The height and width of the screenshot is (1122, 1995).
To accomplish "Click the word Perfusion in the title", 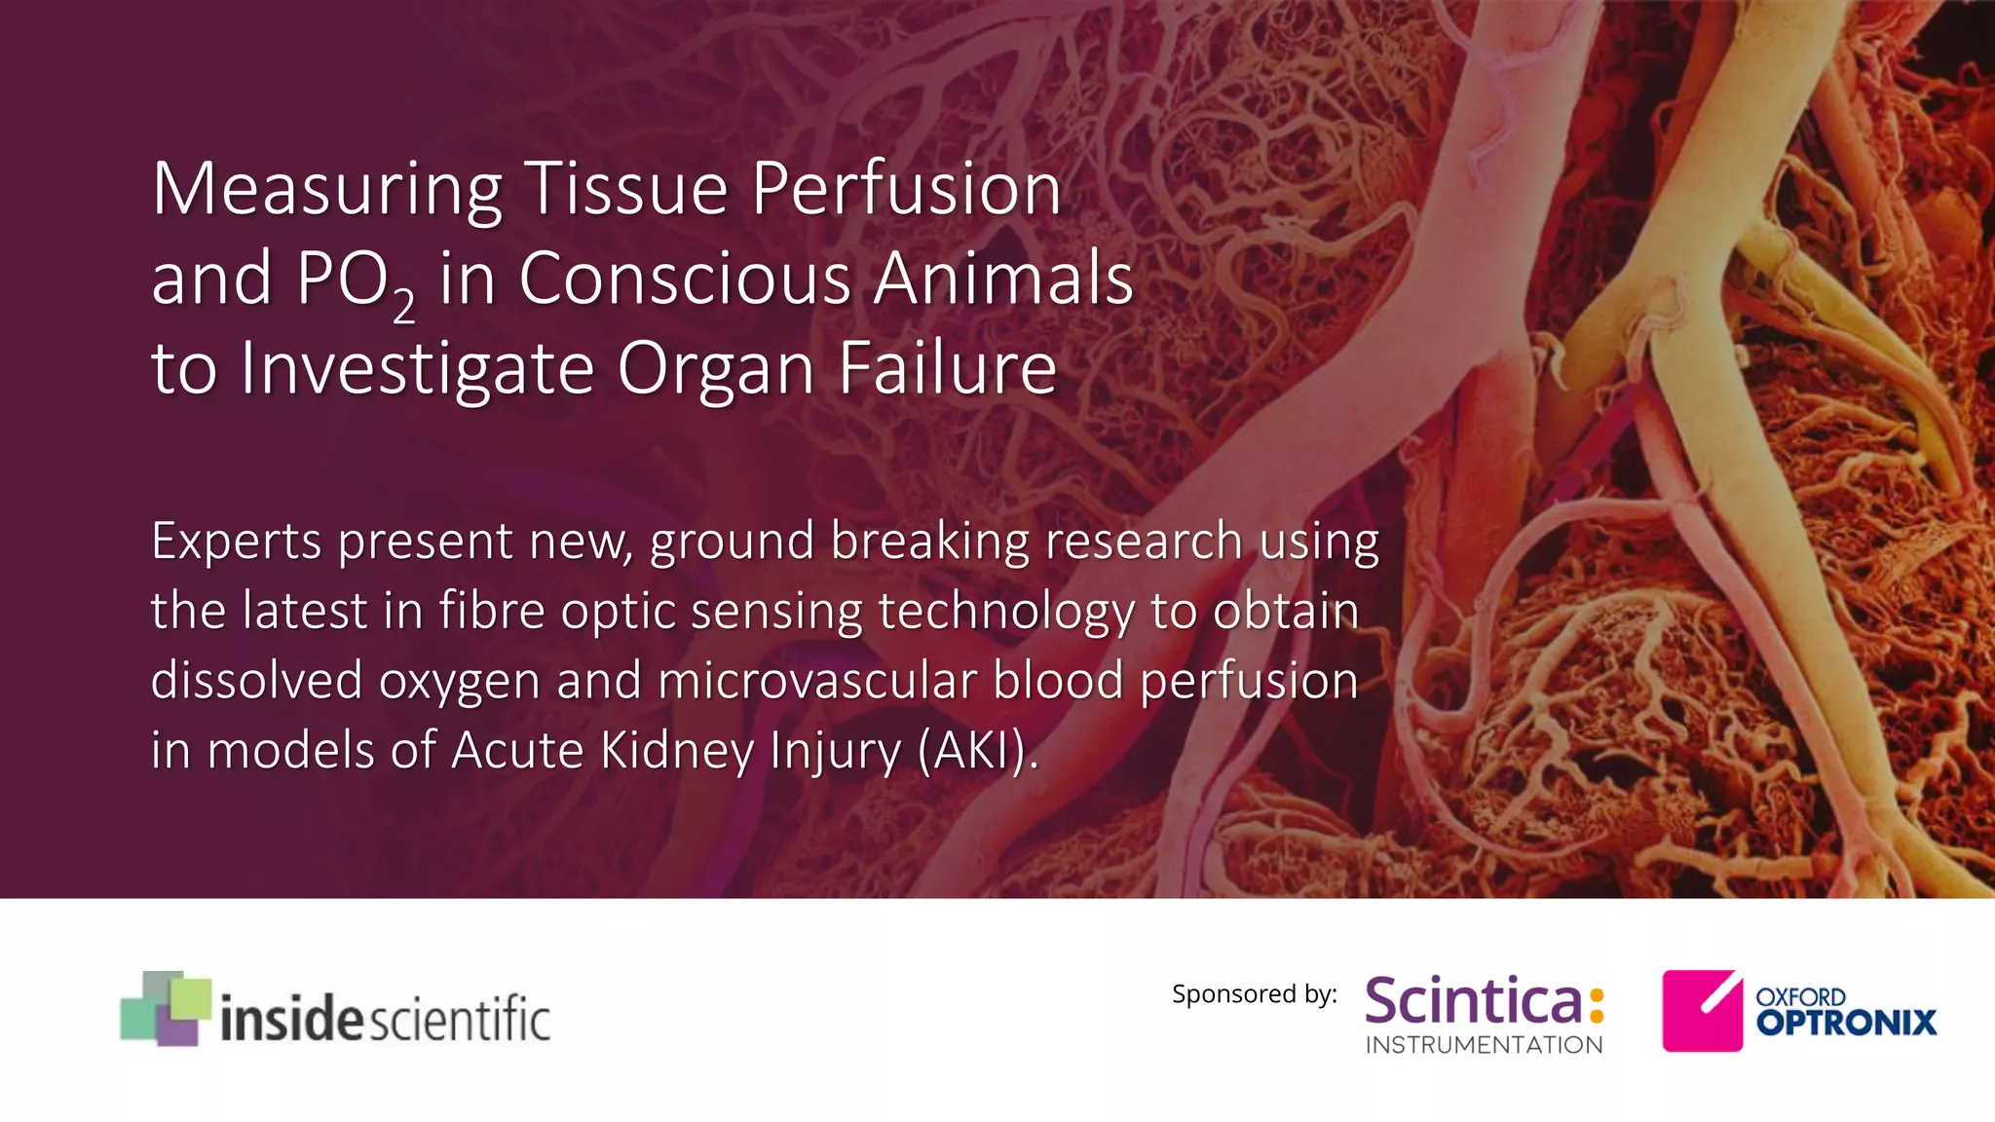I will coord(906,190).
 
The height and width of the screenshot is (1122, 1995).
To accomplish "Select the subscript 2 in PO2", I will coord(404,306).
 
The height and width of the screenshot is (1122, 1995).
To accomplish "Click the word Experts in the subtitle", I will coord(236,542).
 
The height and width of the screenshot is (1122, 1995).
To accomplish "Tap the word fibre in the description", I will coord(490,612).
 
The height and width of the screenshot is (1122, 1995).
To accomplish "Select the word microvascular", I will coord(817,681).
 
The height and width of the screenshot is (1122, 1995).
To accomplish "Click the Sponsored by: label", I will coord(1254,994).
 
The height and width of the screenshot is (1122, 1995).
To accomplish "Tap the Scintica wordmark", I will coord(1473,1001).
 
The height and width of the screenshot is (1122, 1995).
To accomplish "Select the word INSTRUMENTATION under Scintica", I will coord(1484,1045).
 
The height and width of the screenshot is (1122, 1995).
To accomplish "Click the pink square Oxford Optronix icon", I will coord(1702,1010).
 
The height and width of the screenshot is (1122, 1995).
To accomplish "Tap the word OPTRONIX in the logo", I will coord(1846,1023).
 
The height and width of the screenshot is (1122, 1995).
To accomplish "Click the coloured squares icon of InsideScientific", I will coord(165,1008).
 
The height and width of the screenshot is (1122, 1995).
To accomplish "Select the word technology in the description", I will coord(1005,612).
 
